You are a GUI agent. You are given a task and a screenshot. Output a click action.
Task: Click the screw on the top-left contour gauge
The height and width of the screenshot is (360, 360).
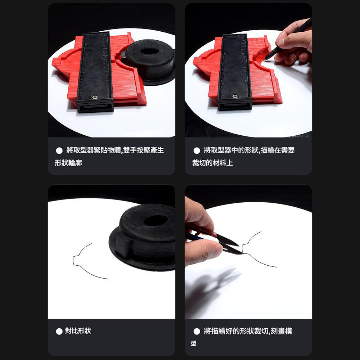click(x=95, y=96)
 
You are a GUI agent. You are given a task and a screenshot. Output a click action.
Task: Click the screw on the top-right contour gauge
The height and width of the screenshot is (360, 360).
click(x=235, y=96)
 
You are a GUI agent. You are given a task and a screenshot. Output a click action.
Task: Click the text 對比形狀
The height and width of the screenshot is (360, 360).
click(x=78, y=331)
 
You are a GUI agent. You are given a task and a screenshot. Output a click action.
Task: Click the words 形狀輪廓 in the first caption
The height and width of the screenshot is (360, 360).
click(x=68, y=163)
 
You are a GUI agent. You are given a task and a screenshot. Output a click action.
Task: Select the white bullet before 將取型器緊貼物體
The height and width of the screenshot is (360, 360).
click(x=59, y=150)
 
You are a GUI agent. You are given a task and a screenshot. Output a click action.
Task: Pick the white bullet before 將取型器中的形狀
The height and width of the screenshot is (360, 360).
click(x=197, y=150)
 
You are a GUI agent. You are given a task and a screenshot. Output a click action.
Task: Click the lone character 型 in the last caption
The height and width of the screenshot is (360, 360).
click(x=194, y=343)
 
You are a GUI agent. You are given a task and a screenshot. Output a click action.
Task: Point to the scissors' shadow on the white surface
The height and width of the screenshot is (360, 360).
click(x=212, y=281)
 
